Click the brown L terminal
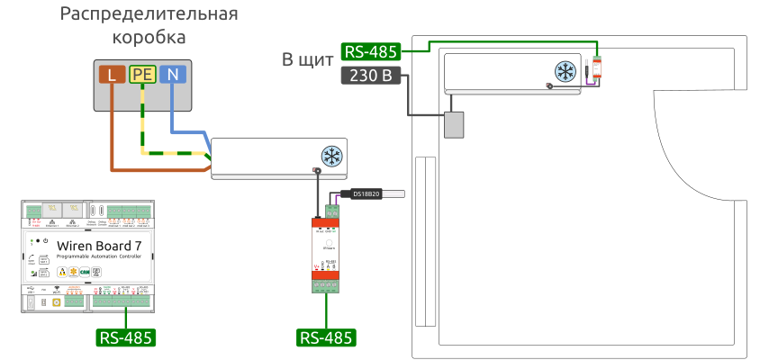point(112,75)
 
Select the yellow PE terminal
point(142,75)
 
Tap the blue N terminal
point(173,75)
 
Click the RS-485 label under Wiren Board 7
point(126,337)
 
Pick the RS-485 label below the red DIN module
point(326,337)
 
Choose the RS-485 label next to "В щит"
point(371,51)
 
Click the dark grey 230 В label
point(371,76)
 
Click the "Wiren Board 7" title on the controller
point(99,246)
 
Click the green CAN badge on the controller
point(86,271)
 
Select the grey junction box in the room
point(456,123)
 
